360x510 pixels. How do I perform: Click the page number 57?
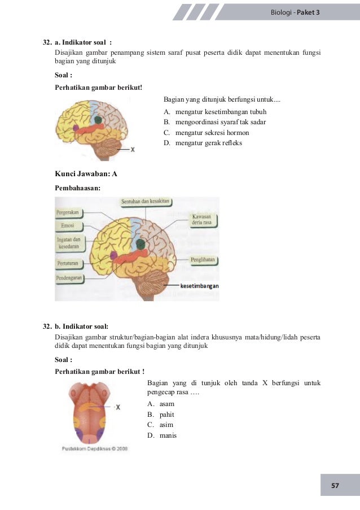click(x=335, y=486)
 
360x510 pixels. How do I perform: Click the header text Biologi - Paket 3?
click(x=295, y=12)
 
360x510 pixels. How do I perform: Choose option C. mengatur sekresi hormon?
click(x=206, y=133)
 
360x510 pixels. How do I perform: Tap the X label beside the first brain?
click(x=133, y=150)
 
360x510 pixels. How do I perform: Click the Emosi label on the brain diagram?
click(x=68, y=226)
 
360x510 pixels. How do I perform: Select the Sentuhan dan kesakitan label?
click(x=146, y=202)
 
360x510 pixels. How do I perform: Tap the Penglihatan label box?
click(x=203, y=260)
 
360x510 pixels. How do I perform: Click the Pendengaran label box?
click(x=69, y=278)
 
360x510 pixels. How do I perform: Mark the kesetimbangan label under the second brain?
click(x=199, y=286)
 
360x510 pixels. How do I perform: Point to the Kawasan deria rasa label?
click(x=202, y=220)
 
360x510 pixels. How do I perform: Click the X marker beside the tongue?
click(x=117, y=407)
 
